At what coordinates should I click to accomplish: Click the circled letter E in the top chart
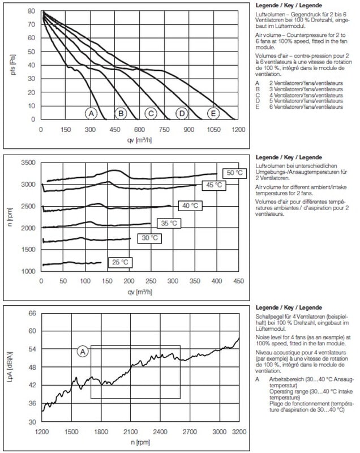tap(213, 113)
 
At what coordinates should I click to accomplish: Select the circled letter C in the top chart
tap(151, 113)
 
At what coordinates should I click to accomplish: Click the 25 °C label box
tap(120, 262)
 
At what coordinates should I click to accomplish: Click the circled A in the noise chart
tap(82, 351)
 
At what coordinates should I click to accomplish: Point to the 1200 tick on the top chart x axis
tap(238, 130)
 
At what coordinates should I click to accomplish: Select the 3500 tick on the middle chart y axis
tap(28, 163)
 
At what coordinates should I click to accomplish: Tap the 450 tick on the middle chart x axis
tap(238, 281)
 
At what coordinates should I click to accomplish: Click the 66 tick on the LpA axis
tap(32, 313)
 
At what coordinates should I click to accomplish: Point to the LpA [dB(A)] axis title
tap(11, 369)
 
